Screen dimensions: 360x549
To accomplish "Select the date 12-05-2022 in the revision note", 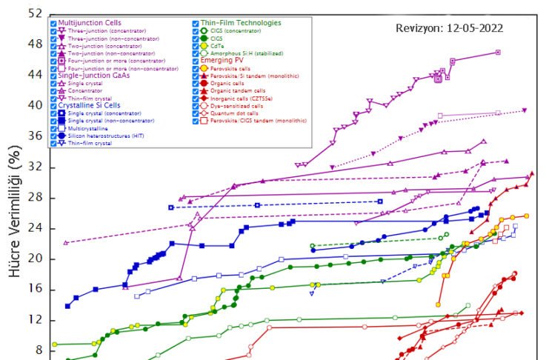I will coord(476,28).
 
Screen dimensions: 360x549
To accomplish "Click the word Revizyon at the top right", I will coord(419,28).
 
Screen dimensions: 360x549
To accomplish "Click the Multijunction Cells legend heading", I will coord(91,23).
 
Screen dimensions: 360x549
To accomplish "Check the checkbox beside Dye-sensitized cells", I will coord(195,105).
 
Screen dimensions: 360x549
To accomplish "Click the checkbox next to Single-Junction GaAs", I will coord(53,76).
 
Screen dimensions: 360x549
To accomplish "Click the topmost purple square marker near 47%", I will coord(498,52).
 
